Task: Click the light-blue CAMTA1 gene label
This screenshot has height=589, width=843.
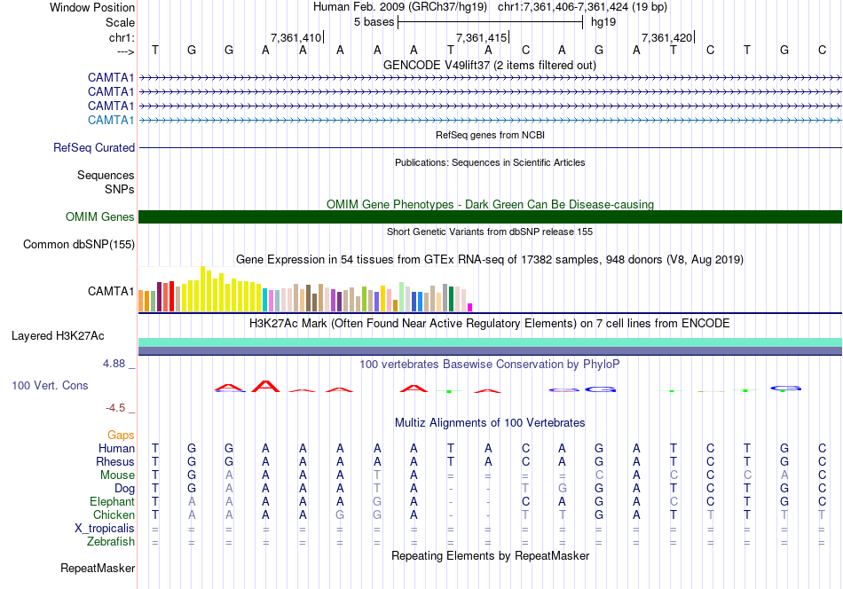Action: coord(111,120)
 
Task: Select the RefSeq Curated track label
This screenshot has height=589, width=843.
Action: coord(94,148)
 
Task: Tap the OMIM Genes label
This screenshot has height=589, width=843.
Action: coord(100,217)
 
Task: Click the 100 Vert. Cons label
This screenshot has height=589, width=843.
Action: coord(50,386)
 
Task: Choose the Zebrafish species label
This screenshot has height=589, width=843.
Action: coord(110,542)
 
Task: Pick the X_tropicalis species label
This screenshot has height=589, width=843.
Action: coord(105,529)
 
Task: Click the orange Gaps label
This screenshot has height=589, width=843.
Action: coord(121,436)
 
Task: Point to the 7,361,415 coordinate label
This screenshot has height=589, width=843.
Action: coord(481,38)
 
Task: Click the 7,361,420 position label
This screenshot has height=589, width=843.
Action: coord(666,38)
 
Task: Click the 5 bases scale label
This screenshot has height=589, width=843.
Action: coord(374,21)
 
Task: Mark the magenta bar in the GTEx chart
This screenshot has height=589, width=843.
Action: coord(470,307)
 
